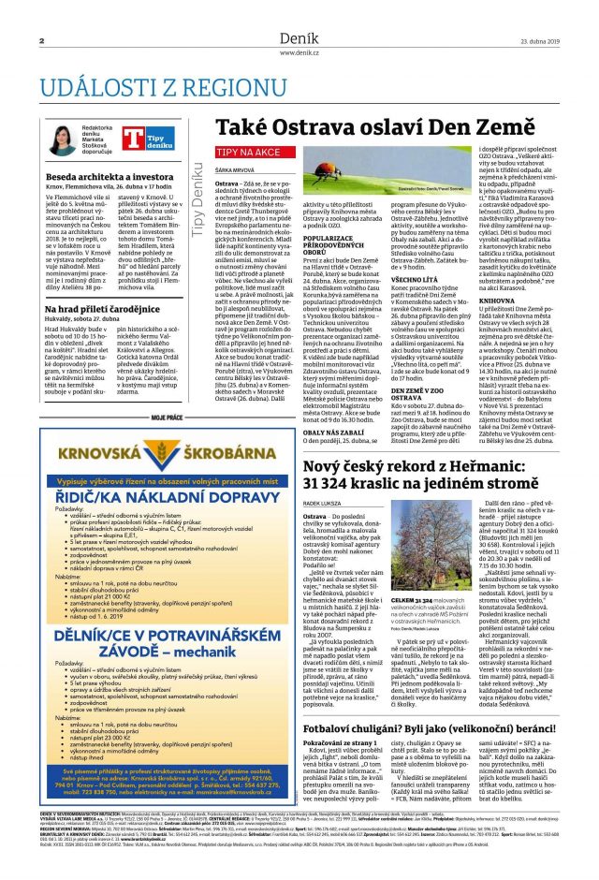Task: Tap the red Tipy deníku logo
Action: point(140,140)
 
